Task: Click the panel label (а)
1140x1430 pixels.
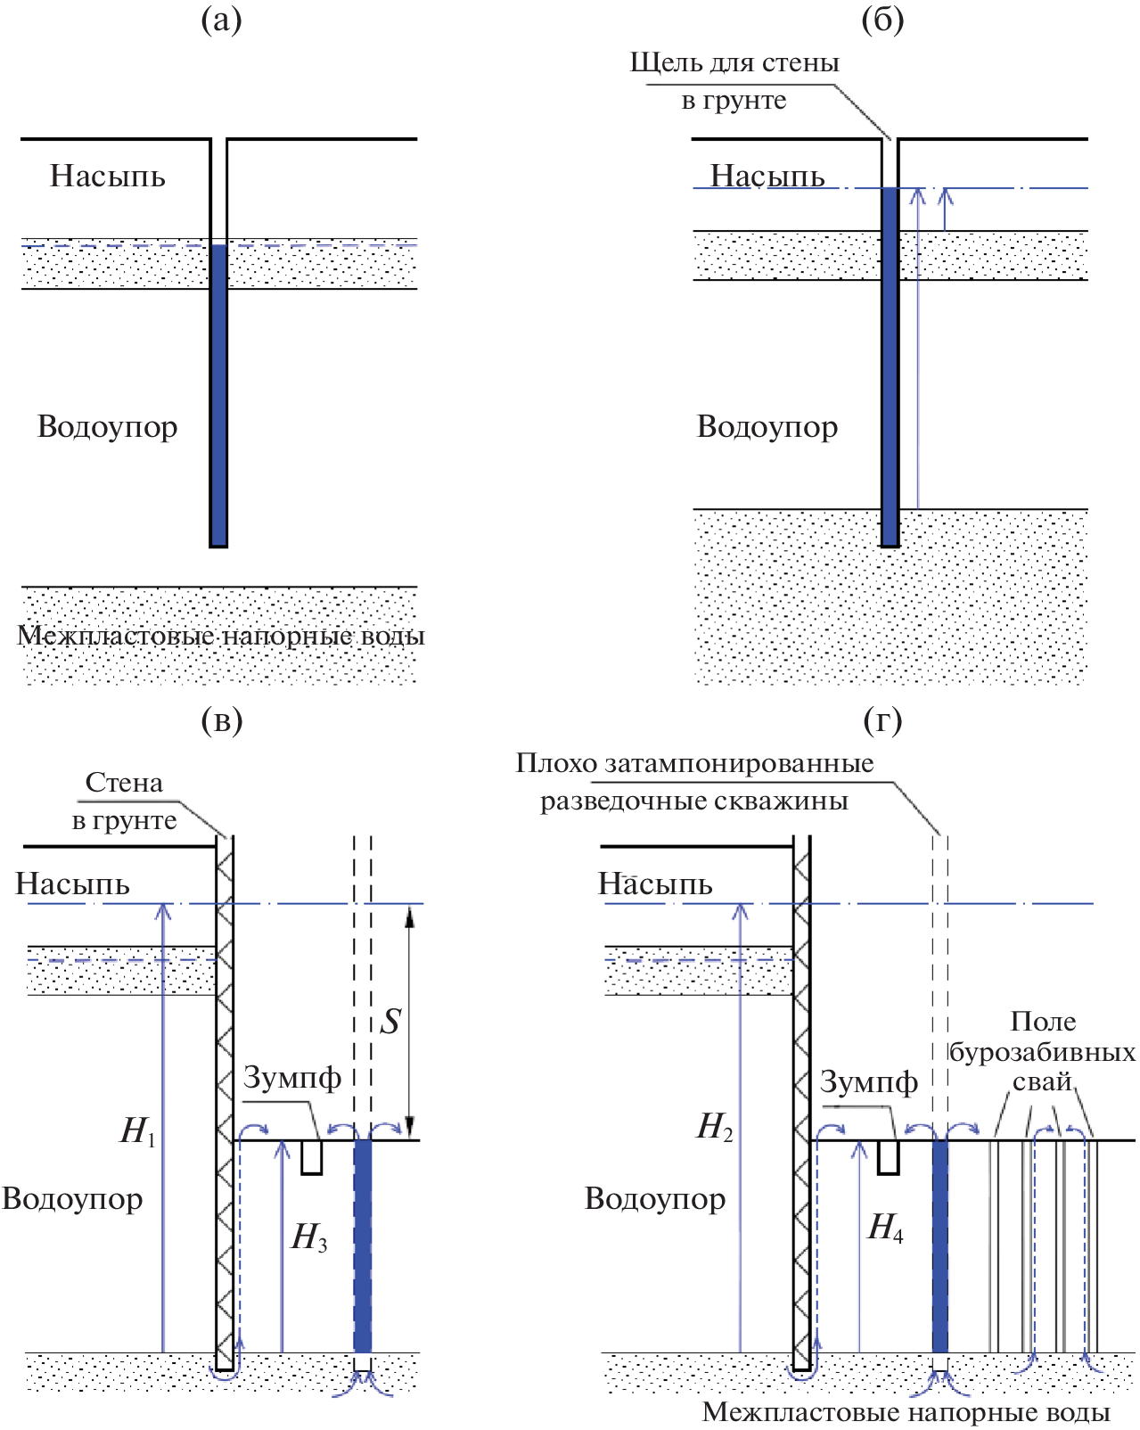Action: point(221,20)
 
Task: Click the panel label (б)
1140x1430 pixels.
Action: point(882,20)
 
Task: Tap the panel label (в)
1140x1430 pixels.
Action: point(221,719)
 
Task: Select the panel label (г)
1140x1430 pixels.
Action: point(882,719)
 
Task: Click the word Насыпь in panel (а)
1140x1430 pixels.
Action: point(107,177)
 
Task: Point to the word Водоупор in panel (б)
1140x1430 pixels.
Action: point(767,427)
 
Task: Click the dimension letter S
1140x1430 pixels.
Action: point(390,1022)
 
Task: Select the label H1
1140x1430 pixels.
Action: point(138,1130)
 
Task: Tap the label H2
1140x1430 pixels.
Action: point(715,1127)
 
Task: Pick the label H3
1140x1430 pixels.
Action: point(309,1237)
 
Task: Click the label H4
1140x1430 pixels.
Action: point(885,1228)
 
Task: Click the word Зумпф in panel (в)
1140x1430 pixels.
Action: point(292,1078)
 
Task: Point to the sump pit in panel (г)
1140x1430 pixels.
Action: point(888,1157)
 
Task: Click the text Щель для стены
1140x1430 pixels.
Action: point(734,63)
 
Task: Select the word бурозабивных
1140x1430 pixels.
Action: point(1042,1053)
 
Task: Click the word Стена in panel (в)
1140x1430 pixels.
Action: point(124,783)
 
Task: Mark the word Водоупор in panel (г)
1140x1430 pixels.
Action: point(655,1199)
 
